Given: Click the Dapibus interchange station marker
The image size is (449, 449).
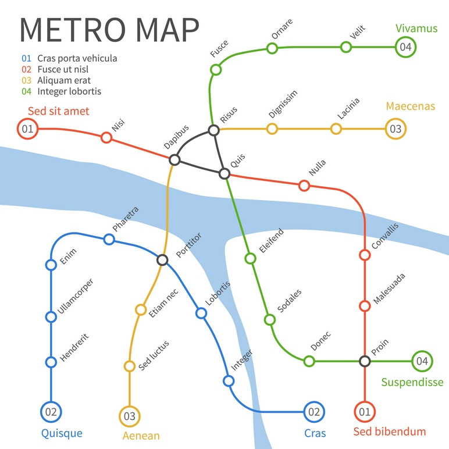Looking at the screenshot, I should point(174,160).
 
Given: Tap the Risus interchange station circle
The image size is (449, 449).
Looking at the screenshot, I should point(214,130).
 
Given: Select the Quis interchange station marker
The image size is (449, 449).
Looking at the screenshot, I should point(224,173).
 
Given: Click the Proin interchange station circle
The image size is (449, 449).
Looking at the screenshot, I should point(365,361).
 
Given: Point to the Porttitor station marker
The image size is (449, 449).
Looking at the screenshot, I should point(163,260).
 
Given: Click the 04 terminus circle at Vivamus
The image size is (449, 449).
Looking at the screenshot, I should point(405,47).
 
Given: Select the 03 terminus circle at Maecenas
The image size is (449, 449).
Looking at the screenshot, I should point(395,129).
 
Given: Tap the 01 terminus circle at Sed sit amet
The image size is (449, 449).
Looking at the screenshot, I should point(27,129).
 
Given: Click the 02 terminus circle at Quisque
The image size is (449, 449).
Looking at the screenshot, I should point(51,412).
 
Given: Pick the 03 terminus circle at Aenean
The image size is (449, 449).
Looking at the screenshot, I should point(130,416).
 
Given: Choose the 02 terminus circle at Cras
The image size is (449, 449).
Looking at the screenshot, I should point(314,412).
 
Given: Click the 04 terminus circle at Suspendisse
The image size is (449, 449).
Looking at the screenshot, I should point(422,361).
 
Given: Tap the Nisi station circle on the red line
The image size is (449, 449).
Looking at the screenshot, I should point(106,137).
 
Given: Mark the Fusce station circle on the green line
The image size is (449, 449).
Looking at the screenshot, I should point(216,70).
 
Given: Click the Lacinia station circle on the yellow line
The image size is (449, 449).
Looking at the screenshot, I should point(336,129).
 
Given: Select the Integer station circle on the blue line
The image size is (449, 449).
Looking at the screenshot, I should point(229,381).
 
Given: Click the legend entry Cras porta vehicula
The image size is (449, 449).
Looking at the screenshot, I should point(77,58).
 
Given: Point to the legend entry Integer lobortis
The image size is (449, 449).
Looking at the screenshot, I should point(69,91).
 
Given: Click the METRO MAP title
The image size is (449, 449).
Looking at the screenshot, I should point(110,29).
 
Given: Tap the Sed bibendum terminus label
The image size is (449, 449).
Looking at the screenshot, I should point(390,432).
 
